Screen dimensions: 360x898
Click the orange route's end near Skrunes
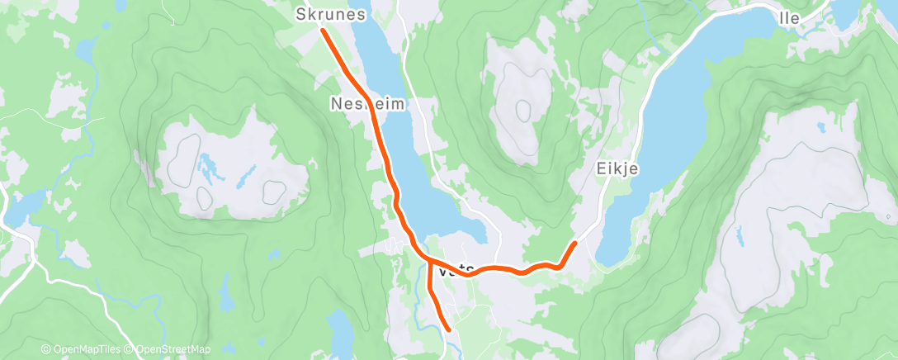(x=322, y=31)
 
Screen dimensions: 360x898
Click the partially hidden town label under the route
(x=456, y=269)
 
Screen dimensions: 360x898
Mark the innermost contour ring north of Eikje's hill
(x=523, y=108)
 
